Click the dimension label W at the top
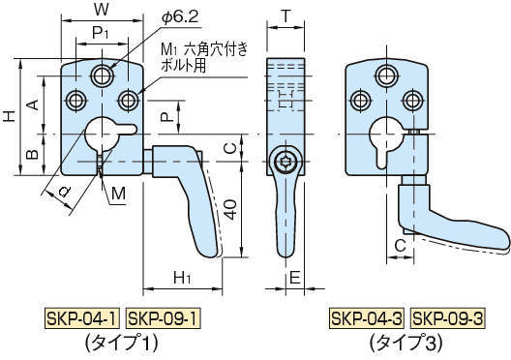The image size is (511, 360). [102, 11]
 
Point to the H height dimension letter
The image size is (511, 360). [9, 116]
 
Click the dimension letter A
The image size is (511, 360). [33, 104]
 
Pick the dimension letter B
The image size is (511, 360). [33, 153]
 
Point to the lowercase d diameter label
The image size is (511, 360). [63, 191]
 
